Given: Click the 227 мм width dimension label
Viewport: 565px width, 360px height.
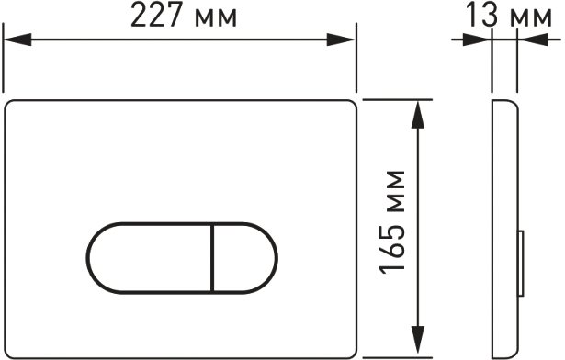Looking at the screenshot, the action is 184,16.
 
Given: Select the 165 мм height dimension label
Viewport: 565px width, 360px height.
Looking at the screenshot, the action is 392,222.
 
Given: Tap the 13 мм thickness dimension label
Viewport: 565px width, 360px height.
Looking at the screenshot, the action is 509,15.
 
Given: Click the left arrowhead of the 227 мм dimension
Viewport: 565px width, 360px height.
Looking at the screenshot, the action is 17,39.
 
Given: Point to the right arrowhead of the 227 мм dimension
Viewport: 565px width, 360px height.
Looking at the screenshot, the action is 341,39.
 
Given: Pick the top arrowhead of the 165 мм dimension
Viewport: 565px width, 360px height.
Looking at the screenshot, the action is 418,115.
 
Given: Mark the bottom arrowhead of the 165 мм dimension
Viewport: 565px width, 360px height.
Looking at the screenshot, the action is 418,340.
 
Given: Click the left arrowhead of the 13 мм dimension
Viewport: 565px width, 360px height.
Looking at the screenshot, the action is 477,39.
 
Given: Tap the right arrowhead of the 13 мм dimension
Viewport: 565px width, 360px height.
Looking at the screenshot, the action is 533,39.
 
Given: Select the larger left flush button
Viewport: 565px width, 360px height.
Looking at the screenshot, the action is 151,258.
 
